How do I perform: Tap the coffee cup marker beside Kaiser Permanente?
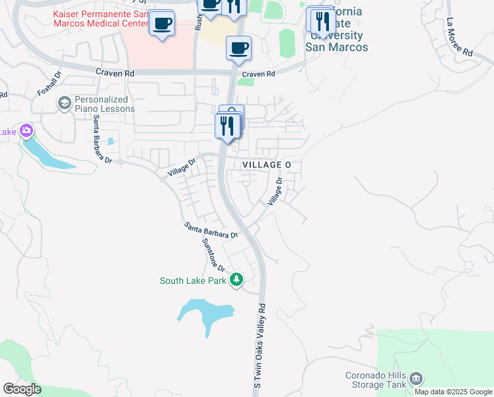pos(162,24)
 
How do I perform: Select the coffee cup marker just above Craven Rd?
pos(238,48)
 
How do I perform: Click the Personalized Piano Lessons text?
pos(105,104)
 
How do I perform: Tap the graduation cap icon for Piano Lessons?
pos(64,103)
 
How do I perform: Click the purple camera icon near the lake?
pos(26,130)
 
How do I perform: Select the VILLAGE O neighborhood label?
pos(266,164)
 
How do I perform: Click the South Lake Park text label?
pos(193,281)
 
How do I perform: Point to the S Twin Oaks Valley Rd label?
pos(258,345)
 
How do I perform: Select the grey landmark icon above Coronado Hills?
pos(416,378)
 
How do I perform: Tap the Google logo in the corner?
pos(22,388)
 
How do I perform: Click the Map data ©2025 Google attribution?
pos(452,392)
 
